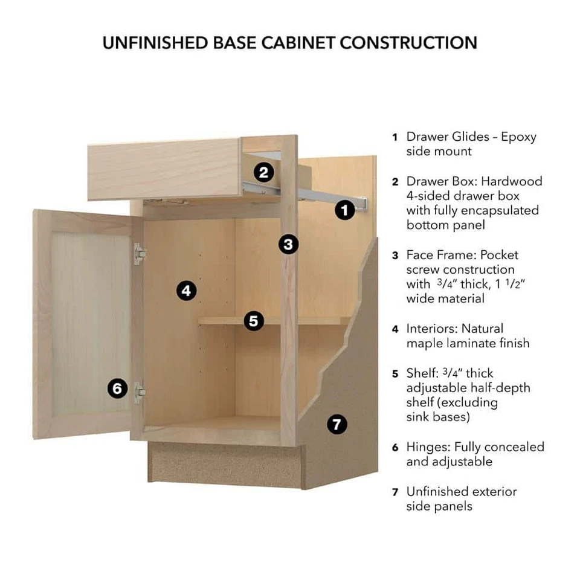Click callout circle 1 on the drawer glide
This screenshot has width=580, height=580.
pos(344,210)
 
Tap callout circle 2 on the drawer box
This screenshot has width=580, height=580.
pos(263,173)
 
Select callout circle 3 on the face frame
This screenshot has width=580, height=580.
pos(289,244)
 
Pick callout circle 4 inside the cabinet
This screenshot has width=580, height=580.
pos(187,291)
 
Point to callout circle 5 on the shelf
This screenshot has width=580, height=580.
pos(254,321)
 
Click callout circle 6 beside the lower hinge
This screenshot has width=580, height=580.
pos(118,388)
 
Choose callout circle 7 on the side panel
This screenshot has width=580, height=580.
pos(337,424)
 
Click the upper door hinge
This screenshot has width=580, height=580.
pos(140,254)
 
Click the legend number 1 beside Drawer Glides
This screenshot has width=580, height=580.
pos(395,137)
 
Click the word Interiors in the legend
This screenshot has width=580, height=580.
pos(431,329)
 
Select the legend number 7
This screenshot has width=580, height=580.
pos(395,492)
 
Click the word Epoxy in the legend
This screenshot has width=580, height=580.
pos(518,137)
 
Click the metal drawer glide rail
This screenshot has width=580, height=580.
pos(314,195)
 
